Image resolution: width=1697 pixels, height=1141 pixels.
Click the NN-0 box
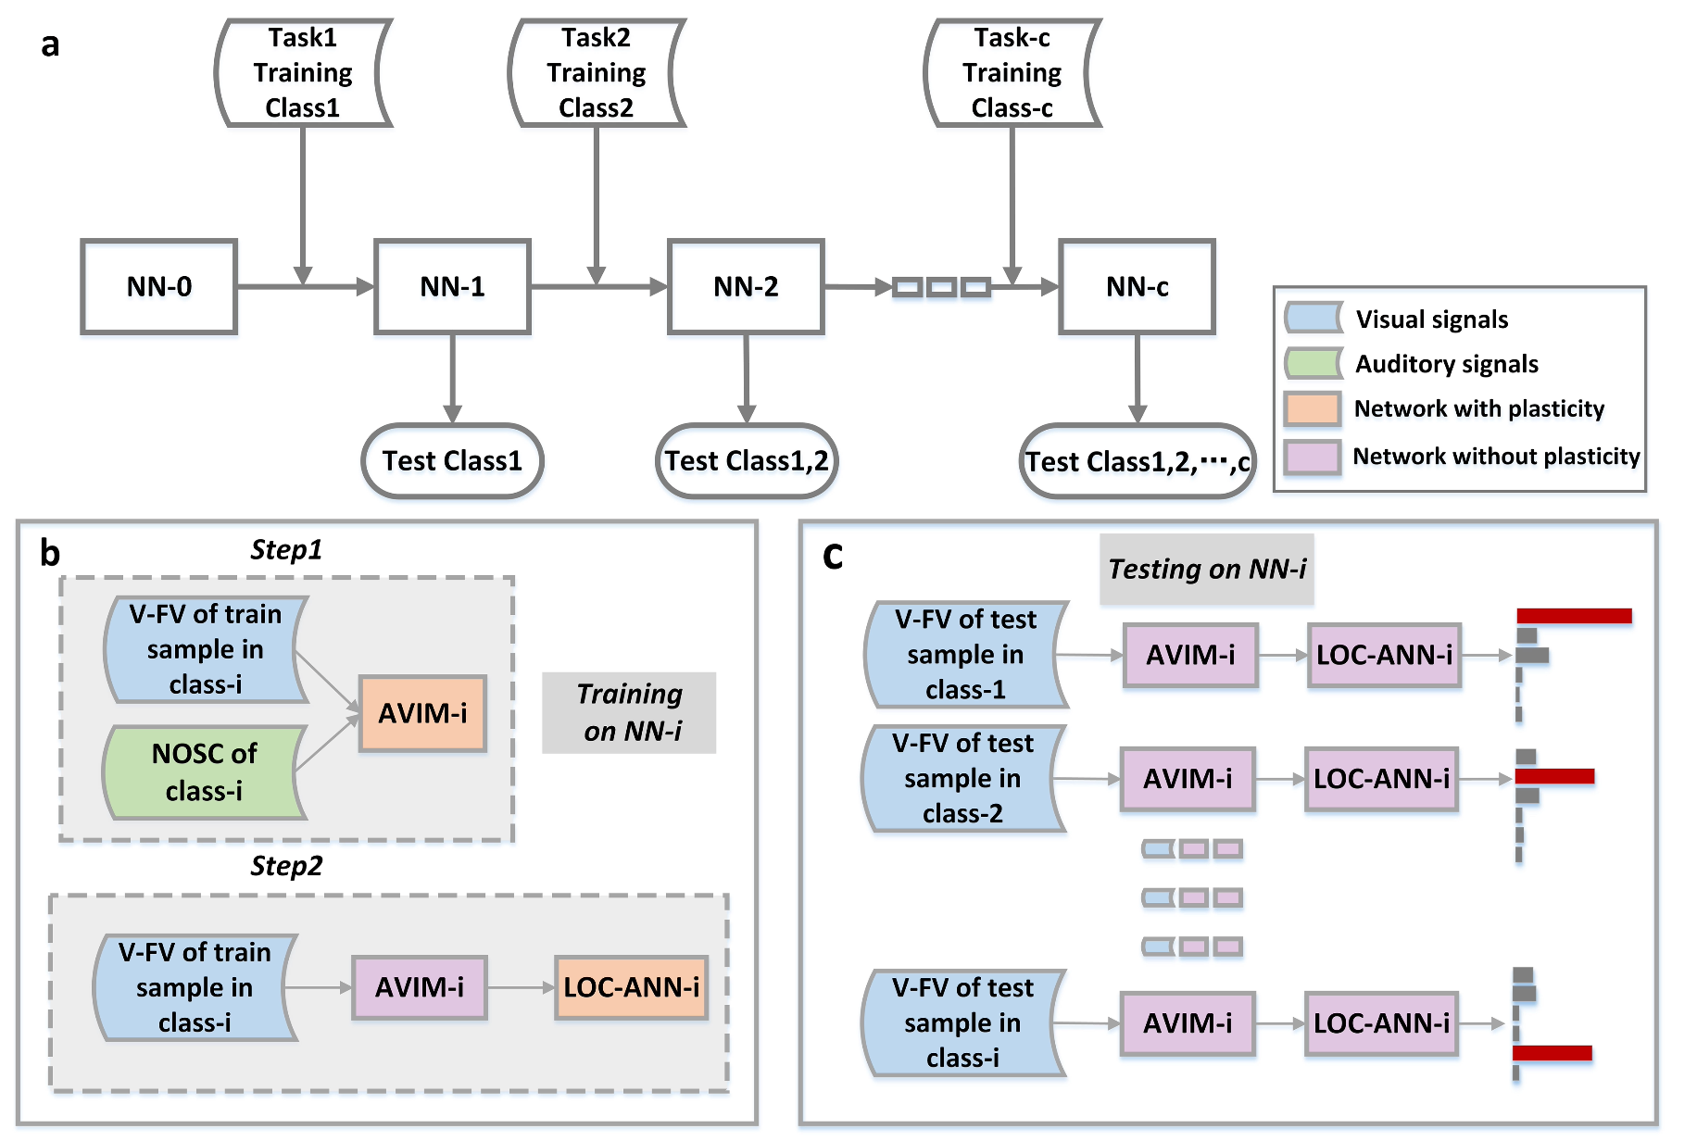click(158, 287)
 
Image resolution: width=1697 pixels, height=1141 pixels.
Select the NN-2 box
click(746, 287)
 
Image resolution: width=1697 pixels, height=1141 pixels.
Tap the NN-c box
click(1137, 287)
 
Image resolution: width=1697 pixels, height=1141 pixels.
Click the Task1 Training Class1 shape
click(303, 73)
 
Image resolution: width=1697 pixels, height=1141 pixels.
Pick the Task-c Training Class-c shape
click(1012, 73)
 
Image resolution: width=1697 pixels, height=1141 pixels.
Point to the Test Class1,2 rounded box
click(747, 460)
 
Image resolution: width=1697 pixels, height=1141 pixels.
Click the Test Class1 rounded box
click(452, 460)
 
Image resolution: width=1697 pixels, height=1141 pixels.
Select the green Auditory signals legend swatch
click(1313, 363)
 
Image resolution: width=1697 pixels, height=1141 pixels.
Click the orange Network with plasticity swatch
click(1312, 408)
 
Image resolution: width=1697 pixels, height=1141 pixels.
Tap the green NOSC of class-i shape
click(204, 772)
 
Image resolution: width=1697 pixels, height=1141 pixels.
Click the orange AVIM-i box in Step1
click(422, 713)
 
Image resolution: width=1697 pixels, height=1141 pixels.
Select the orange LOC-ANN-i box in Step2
click(632, 987)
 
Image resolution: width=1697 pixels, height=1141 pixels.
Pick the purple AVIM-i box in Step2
click(420, 987)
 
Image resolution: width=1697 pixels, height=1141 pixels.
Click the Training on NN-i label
click(629, 712)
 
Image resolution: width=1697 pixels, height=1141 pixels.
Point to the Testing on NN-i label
click(1206, 569)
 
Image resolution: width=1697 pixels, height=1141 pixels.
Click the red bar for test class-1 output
click(1573, 616)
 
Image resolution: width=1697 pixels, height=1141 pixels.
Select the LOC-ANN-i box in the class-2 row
click(1381, 779)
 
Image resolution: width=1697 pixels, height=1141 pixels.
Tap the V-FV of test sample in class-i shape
click(962, 1022)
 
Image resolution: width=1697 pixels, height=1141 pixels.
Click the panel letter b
click(49, 553)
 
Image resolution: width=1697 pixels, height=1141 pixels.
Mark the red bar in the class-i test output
click(1552, 1052)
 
